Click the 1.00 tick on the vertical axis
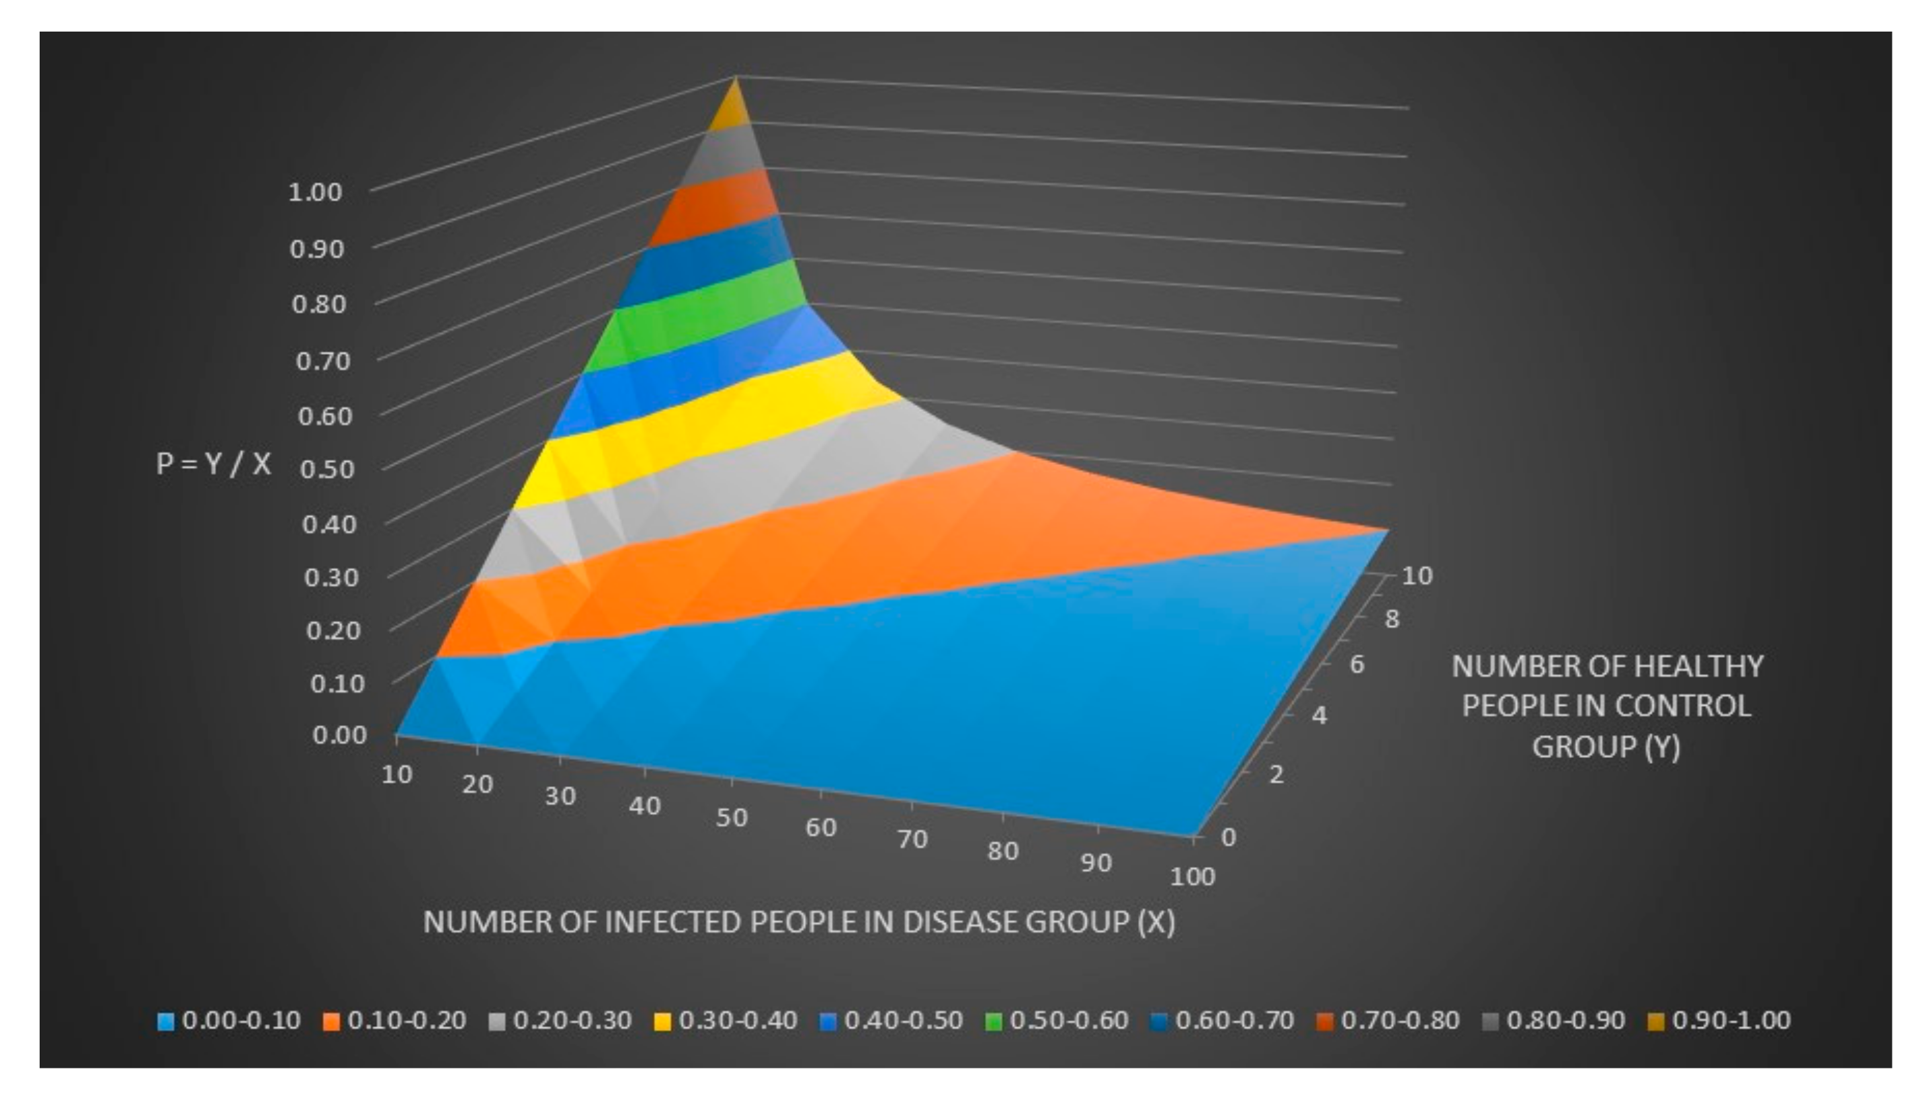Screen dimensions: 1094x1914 tap(314, 192)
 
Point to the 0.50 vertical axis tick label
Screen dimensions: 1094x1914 tap(327, 469)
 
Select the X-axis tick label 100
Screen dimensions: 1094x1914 tap(1192, 876)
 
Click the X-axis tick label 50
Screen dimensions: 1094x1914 tap(731, 818)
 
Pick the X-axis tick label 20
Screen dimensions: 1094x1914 tap(478, 784)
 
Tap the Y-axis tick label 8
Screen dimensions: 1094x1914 tap(1392, 619)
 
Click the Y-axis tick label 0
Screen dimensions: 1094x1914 tap(1229, 836)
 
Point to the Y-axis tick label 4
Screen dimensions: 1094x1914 tap(1319, 714)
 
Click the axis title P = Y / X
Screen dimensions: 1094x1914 tap(214, 464)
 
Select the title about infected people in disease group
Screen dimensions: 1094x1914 tap(799, 922)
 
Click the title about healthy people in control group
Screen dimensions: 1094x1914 tap(1607, 706)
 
